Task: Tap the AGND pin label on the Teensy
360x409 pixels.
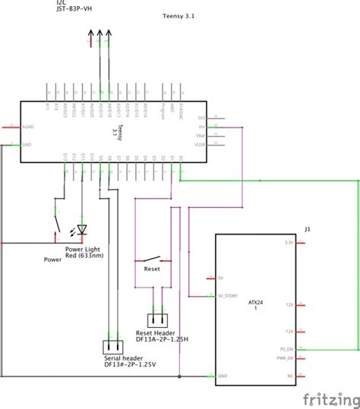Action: coord(28,127)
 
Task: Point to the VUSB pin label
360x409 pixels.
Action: coord(201,144)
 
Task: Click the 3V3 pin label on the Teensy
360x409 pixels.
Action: coord(201,118)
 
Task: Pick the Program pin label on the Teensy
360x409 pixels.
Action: coord(164,112)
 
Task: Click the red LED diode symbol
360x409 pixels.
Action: coord(82,228)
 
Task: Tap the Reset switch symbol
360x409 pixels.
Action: coord(152,257)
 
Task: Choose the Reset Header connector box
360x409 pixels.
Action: coord(159,320)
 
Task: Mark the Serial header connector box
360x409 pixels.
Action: coord(115,346)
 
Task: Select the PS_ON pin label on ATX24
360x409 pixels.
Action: coord(286,349)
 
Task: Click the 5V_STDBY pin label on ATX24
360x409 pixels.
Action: coord(228,296)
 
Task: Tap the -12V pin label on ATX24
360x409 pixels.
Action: coord(288,332)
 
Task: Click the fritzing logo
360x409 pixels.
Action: coord(330,398)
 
